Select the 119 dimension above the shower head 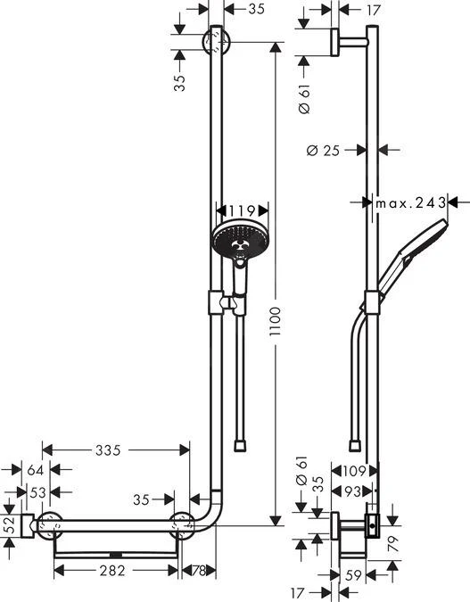236,210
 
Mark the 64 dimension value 34,469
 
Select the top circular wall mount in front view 217,42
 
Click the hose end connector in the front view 239,443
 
